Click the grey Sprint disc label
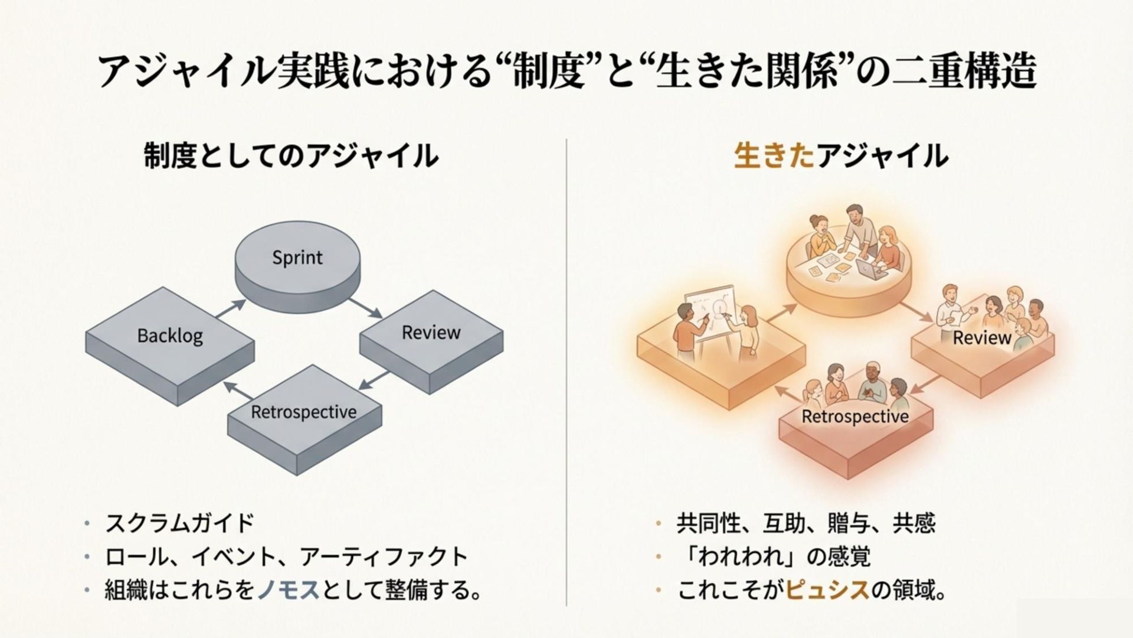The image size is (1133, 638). point(297,258)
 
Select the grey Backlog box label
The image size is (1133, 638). point(170,336)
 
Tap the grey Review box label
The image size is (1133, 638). point(431,333)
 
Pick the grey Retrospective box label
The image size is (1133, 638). point(303,411)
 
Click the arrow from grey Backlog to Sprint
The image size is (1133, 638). point(231,310)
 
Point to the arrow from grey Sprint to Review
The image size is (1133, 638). point(366,307)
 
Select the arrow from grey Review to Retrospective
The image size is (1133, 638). point(374,380)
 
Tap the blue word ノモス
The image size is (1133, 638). point(289,590)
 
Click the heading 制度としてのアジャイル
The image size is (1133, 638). point(291,157)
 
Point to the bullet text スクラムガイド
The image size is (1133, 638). point(179,523)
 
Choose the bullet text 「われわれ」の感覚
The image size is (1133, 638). point(774,556)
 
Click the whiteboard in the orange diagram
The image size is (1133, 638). point(710,313)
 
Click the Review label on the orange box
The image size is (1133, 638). point(982,338)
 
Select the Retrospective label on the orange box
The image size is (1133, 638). point(854,416)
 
